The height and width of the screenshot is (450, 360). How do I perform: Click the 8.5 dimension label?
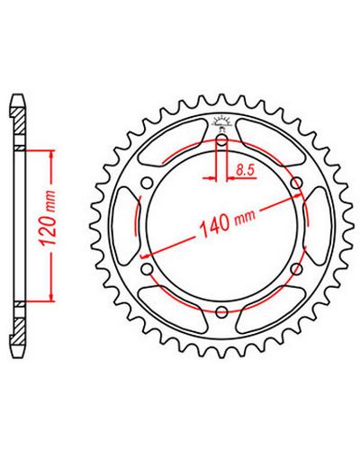point(245,170)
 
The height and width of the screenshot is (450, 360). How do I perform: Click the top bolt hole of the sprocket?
point(221,139)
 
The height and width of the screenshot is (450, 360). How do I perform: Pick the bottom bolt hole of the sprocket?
point(221,311)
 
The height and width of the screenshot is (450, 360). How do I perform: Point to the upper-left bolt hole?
point(147,183)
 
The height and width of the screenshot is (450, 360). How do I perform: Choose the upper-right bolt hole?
point(296,183)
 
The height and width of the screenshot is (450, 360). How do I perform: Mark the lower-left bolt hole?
point(147,269)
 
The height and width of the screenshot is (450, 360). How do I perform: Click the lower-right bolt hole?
point(296,269)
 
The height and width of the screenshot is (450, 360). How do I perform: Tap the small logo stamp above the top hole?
point(221,123)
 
